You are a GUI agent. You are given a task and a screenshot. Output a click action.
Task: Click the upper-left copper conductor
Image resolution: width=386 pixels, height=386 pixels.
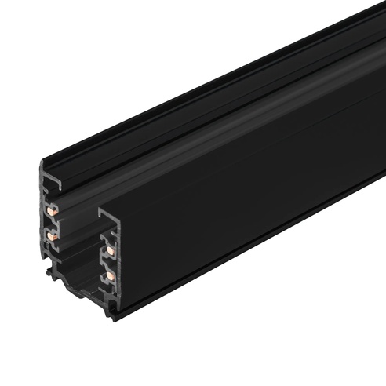click(x=51, y=210)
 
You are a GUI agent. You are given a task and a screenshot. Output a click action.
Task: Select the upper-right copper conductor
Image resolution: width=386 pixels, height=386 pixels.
click(x=110, y=250)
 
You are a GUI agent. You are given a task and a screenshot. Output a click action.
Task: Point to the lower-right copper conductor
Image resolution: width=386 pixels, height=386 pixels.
click(x=110, y=275)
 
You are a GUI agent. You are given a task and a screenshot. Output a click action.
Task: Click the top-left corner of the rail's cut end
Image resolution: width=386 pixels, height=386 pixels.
click(x=42, y=162)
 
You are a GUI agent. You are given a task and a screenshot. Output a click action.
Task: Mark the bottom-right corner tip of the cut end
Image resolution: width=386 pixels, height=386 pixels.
click(x=115, y=319)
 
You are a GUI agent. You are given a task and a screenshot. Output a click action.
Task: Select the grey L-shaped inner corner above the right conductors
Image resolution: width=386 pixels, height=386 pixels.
click(x=103, y=213)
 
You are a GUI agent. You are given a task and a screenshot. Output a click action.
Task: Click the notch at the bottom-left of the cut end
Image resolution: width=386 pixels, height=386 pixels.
click(x=50, y=271)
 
